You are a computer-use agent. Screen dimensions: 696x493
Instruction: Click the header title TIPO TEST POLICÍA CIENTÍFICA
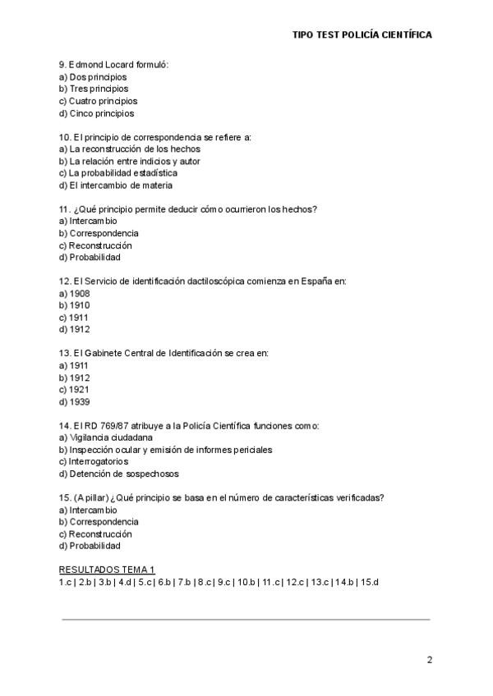pos(362,35)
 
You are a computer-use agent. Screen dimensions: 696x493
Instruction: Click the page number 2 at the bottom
pos(429,659)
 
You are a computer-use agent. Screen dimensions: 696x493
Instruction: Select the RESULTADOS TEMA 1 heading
pos(107,570)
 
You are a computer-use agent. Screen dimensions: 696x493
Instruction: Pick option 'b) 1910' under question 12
pos(75,305)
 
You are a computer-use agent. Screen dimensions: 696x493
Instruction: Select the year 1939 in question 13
pos(80,402)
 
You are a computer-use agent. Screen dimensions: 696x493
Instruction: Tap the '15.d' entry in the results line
pos(369,582)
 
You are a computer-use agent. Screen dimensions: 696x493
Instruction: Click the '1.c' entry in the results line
pos(66,582)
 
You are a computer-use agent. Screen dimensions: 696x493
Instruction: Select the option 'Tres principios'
pos(99,89)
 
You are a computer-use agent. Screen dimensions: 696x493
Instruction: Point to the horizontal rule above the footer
pos(246,620)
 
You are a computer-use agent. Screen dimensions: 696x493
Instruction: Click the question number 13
pos(64,354)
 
